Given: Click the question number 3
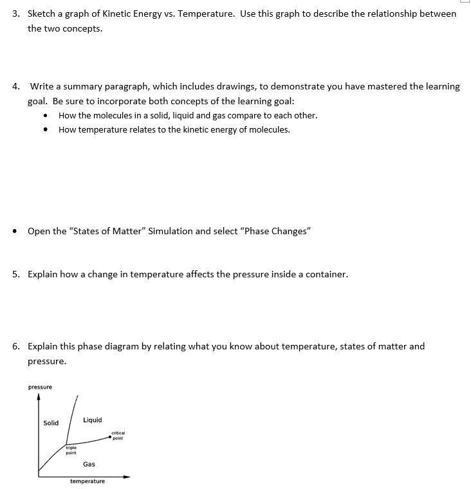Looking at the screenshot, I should click(15, 14).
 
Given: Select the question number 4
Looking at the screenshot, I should click(15, 86).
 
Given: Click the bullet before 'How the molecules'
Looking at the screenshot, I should click(46, 116).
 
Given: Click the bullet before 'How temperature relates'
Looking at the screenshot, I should click(46, 130).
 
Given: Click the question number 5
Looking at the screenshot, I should click(15, 274).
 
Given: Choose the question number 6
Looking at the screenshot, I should click(15, 346).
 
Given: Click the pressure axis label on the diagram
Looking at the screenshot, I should click(40, 387).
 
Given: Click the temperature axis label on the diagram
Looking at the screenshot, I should click(88, 481).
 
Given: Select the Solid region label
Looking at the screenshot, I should click(51, 423).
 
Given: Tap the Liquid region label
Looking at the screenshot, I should click(92, 420).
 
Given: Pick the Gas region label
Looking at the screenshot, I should click(89, 464).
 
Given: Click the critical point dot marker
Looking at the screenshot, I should click(109, 438).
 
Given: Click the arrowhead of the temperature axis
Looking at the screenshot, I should click(127, 477).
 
